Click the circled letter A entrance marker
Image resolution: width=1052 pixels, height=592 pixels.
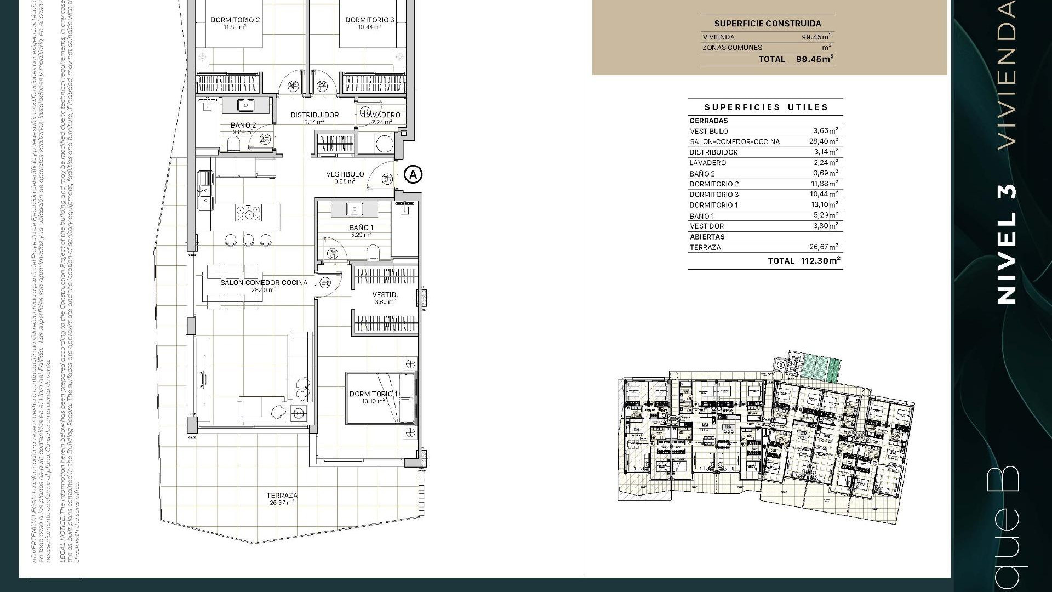413,175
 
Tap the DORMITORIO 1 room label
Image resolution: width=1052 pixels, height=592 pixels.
374,394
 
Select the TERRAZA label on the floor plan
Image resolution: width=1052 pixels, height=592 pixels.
282,496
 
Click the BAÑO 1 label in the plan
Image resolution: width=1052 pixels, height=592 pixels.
361,227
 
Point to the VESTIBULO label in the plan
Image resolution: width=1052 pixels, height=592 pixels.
345,174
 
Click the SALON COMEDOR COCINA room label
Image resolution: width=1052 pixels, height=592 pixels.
264,283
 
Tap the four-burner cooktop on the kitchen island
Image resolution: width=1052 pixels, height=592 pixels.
248,213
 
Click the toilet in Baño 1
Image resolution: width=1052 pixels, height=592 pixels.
373,252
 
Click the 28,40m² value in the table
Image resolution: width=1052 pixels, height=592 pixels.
824,141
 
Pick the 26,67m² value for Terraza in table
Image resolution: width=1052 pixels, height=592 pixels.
824,247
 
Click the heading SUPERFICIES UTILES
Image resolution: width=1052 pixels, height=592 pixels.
766,107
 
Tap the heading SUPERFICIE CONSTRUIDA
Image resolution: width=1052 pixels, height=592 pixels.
767,24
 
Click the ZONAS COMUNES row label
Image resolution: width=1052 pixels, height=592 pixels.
732,48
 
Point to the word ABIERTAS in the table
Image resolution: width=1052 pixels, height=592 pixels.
707,237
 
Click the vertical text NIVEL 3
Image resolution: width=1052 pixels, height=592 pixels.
1007,244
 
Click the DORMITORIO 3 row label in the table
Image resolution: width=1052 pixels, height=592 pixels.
714,195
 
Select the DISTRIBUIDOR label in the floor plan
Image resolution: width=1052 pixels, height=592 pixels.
315,115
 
